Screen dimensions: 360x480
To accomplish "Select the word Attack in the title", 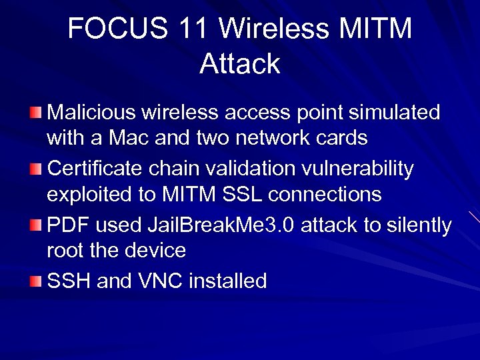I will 240,64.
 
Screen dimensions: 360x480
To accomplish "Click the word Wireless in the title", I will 271,29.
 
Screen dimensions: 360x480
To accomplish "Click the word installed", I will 228,281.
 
